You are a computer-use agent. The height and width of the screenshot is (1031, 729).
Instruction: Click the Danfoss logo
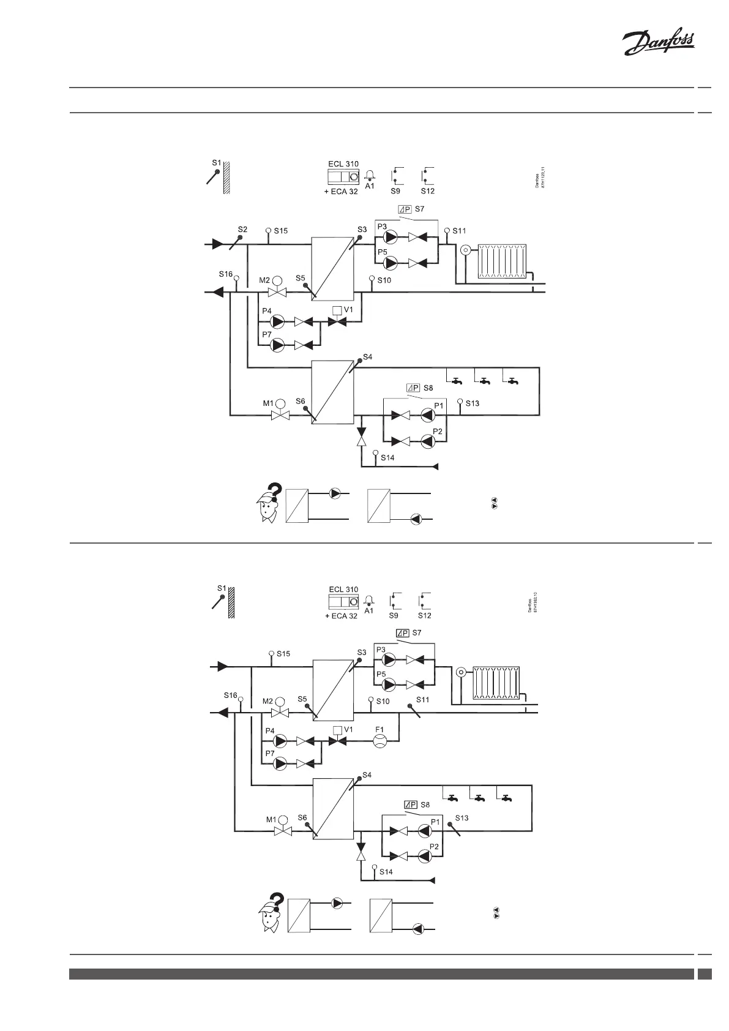tap(658, 44)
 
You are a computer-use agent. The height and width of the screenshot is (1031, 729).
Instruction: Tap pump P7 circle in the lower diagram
tap(280, 763)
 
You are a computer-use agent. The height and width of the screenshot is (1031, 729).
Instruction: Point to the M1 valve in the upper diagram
tap(281, 415)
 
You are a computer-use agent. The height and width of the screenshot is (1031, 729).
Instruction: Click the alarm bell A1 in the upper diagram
tap(370, 175)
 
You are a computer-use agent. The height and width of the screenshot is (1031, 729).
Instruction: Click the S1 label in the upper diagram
tap(216, 163)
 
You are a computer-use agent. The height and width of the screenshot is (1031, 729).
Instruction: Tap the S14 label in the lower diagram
tap(386, 872)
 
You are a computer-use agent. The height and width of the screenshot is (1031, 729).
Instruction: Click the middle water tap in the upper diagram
tap(484, 382)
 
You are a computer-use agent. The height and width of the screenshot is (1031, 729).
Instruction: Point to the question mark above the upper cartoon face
tap(276, 491)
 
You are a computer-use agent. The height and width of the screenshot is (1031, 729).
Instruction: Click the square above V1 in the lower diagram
tap(337, 730)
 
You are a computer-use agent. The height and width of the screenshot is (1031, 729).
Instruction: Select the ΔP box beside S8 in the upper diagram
tap(413, 388)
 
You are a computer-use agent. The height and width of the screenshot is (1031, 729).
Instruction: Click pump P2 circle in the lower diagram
tap(424, 856)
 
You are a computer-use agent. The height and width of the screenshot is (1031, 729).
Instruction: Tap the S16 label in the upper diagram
tap(226, 274)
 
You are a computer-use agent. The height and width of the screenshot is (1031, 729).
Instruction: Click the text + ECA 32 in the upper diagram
tap(341, 192)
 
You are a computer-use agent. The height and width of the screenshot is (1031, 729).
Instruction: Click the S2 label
tap(242, 230)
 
